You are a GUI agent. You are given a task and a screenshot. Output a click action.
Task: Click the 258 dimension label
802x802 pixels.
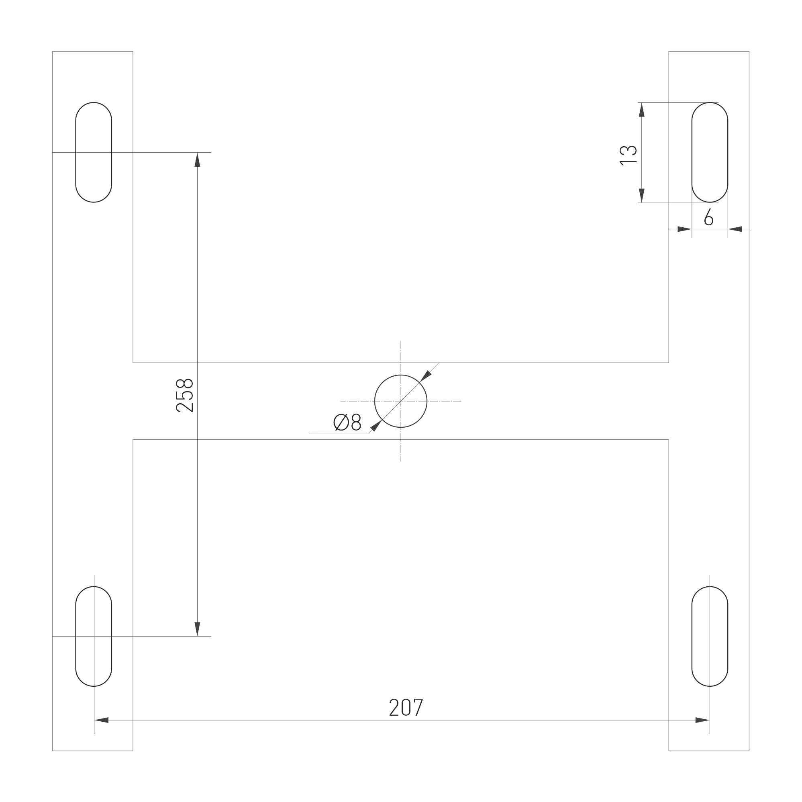coord(185,395)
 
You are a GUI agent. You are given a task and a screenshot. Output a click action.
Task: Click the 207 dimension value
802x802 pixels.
coord(406,708)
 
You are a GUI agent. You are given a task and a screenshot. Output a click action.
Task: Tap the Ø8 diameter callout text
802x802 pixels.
coord(347,422)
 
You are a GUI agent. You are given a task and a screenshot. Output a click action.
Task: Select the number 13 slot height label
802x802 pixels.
coord(628,155)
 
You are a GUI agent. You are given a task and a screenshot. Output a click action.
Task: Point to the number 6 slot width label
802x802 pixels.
coord(708,217)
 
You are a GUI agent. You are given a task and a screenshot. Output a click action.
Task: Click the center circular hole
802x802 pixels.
coord(400,401)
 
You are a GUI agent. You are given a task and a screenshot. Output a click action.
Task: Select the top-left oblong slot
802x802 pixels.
coord(94,152)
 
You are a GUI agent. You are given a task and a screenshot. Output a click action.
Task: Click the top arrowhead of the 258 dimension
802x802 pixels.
coord(197,160)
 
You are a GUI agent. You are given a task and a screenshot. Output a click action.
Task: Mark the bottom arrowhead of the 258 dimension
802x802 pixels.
coord(197,629)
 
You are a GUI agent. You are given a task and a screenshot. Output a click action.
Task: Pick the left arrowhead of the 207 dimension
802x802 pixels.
coord(102,720)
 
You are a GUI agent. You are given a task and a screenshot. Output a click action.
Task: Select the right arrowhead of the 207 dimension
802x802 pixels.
coord(702,720)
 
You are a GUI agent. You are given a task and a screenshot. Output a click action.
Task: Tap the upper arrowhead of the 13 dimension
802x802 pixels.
coord(641,110)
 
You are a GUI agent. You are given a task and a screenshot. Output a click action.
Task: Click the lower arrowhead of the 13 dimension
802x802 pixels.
coord(641,195)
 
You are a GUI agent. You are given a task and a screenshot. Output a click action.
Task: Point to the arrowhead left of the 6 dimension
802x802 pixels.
coord(684,229)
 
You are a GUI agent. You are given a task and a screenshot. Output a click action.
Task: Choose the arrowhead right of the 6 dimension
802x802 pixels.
coord(736,229)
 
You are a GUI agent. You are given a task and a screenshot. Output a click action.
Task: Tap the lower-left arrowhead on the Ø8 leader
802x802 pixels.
coord(375,426)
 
